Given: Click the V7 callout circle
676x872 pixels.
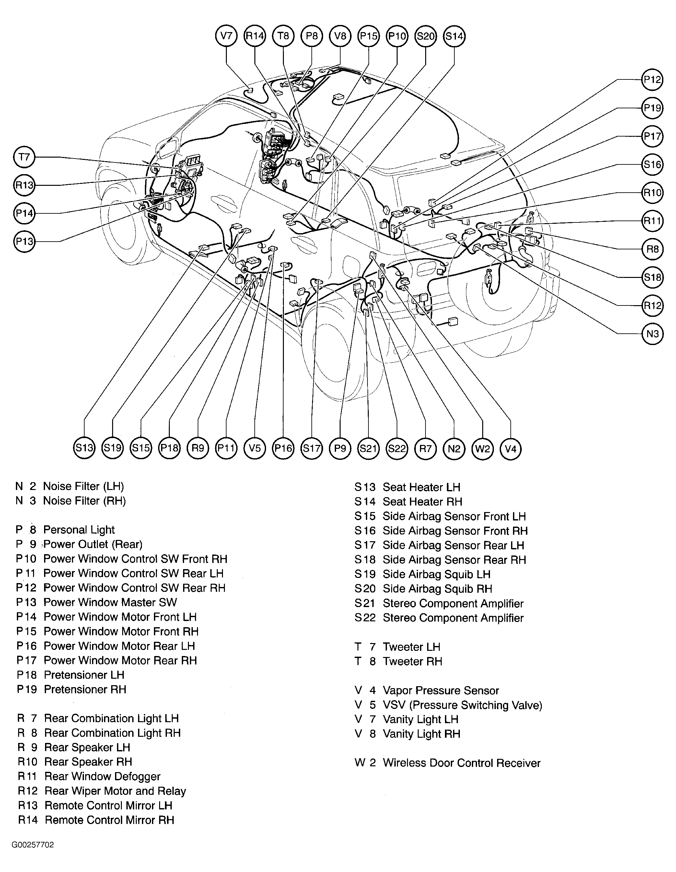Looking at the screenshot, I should point(226,36).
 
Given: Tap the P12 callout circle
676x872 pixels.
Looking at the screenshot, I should point(652,80).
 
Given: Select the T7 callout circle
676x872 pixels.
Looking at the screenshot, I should point(24,157).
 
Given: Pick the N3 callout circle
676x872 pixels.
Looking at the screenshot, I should point(652,333).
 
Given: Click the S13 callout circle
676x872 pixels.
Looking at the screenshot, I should point(84,448).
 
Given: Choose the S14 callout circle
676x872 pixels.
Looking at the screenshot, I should point(454,36).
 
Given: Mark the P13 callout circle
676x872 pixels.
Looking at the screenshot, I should point(24,242).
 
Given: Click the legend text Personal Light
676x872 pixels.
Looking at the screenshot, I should point(79,530).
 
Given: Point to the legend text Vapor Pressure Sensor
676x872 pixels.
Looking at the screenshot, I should point(440,691).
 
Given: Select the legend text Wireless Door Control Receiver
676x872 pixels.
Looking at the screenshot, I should point(461,763).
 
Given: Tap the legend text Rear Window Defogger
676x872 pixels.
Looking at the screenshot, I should point(102,777).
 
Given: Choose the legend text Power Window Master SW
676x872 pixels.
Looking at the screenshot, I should point(110,602).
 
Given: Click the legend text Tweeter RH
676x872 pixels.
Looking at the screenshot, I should point(412,662).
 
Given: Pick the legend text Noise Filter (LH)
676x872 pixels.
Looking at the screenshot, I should point(83,486).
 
